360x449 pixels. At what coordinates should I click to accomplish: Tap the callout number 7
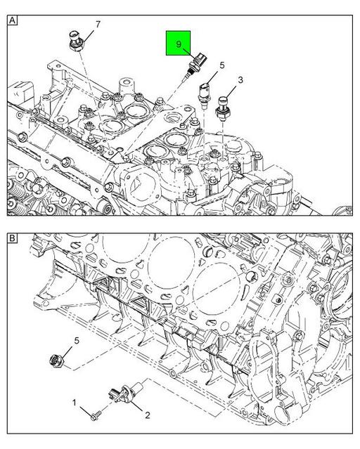tap(98, 25)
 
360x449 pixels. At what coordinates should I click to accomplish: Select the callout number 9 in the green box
tap(179, 44)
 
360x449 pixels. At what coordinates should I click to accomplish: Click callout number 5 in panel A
tap(221, 65)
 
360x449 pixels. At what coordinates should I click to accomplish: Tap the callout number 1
tap(74, 402)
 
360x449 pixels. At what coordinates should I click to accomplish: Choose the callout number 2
tap(148, 415)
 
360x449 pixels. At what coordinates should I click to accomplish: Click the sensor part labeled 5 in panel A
tap(204, 91)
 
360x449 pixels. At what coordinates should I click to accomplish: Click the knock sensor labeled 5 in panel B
tap(56, 360)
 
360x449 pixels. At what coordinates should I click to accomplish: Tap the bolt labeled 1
tap(94, 416)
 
